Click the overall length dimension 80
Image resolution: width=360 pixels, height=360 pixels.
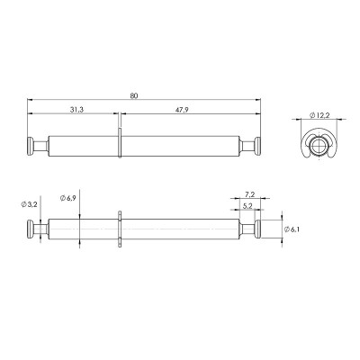[134, 96]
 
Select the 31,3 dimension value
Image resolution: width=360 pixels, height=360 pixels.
[76, 110]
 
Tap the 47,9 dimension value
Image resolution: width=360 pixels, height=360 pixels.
[182, 110]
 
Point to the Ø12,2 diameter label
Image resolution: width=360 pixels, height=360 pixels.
[319, 115]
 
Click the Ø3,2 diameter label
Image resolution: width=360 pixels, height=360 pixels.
[29, 204]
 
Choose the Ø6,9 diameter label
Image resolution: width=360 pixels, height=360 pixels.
[67, 198]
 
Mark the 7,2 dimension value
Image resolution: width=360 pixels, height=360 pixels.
[249, 194]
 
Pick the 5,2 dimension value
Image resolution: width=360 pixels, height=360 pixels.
[247, 206]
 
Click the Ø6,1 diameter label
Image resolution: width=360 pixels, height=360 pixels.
[292, 229]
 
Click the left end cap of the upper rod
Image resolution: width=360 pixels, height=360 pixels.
[31, 146]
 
